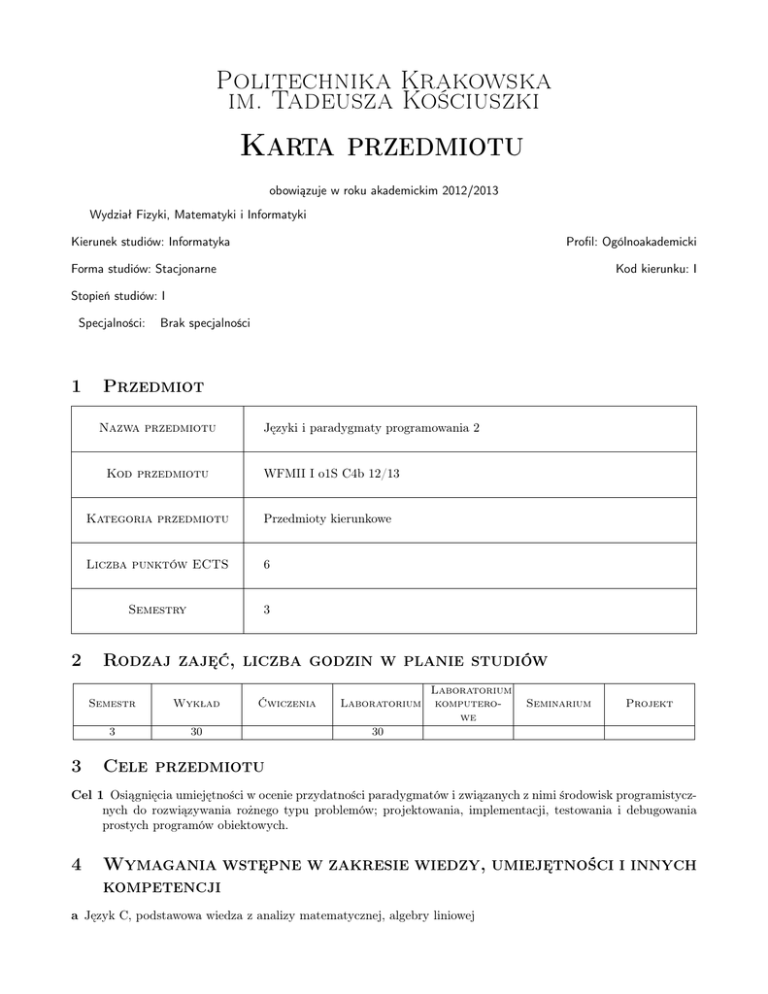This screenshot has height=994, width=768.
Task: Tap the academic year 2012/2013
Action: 470,190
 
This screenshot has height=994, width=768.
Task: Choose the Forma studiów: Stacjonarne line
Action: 144,268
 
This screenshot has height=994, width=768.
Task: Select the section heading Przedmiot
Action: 153,386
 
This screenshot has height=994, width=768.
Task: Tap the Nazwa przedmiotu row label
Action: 156,429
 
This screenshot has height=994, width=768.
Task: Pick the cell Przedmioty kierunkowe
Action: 327,519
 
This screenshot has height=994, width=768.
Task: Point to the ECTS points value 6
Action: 267,565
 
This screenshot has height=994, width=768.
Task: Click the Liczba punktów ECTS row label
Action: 156,565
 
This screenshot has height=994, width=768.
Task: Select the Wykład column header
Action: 196,703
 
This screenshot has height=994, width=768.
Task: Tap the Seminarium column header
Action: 558,703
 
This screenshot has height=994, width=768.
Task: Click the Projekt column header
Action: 650,703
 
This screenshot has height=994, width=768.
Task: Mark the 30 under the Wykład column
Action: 196,733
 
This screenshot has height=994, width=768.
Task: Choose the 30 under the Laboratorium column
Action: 379,733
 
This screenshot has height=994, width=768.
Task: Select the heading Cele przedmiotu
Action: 184,767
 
